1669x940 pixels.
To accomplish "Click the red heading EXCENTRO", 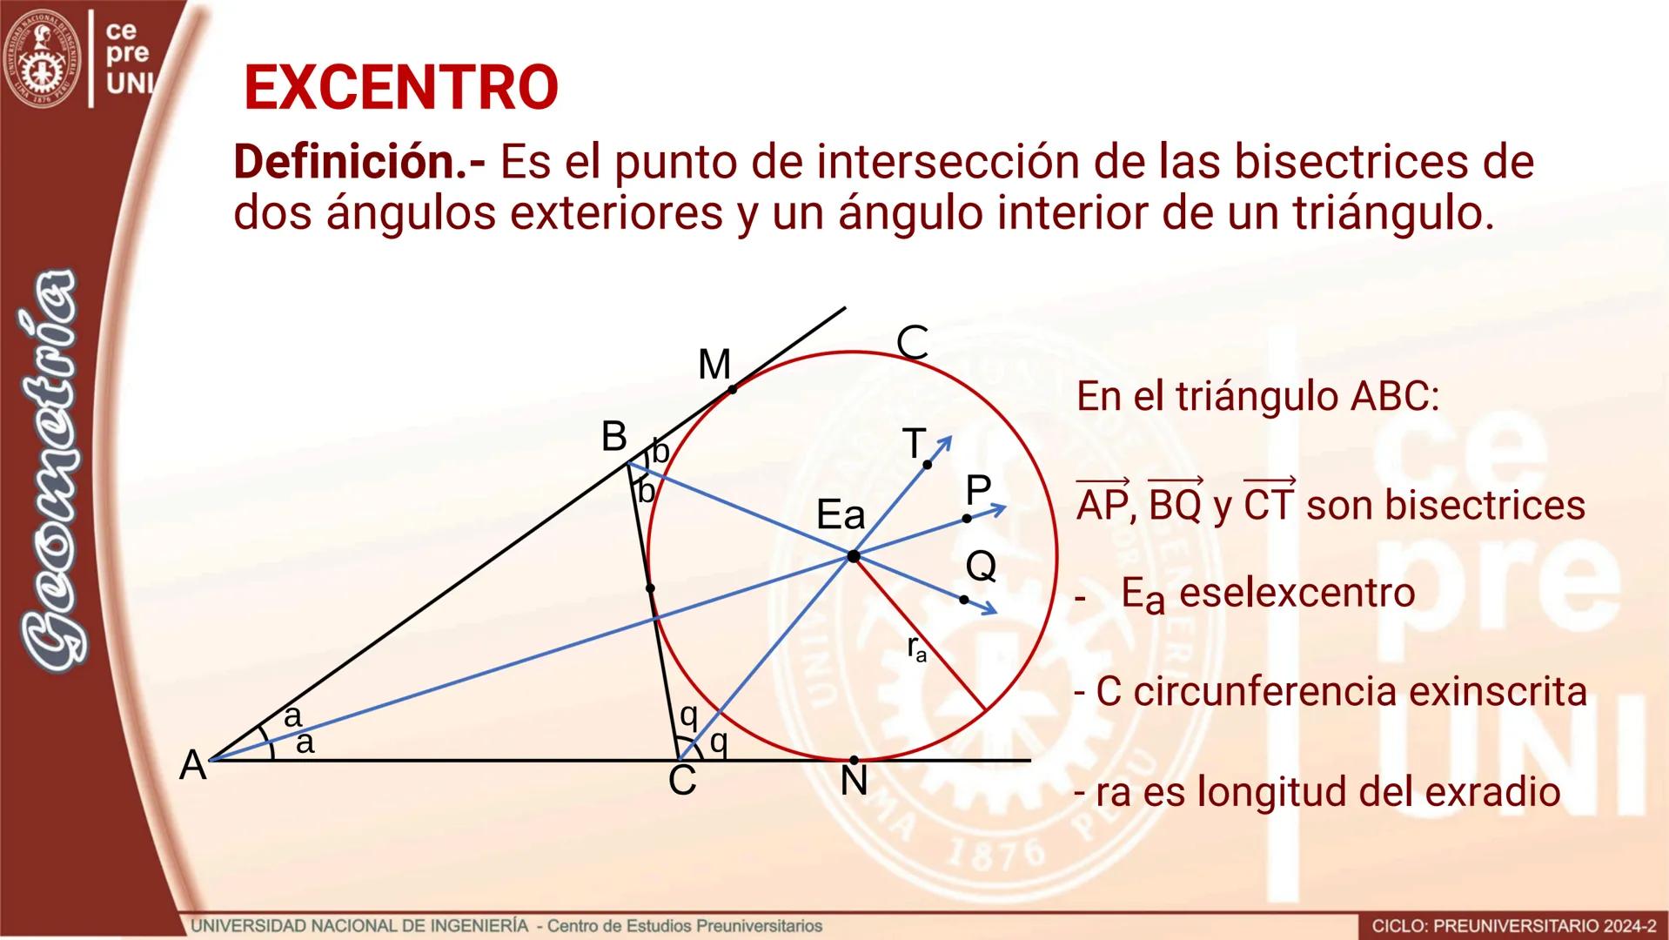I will point(401,88).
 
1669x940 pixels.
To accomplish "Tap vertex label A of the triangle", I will point(192,767).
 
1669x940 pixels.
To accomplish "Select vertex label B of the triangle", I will point(614,437).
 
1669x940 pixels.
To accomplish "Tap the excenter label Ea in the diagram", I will point(841,516).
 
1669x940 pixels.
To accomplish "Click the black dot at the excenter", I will point(854,555).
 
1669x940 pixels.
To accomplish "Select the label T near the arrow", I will point(914,444).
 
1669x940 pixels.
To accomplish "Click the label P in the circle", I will point(978,491).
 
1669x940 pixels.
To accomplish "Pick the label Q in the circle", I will point(981,567).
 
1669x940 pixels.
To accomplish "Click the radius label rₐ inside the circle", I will point(916,649).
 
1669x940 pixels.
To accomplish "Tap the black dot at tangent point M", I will point(733,390).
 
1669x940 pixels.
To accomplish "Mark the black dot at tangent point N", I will point(854,761).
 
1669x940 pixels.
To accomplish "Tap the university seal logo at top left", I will point(41,57).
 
